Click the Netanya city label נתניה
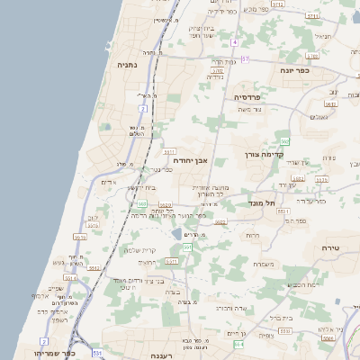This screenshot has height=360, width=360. click(125, 65)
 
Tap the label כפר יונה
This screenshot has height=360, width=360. click(294, 69)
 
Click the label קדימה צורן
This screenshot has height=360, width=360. click(264, 155)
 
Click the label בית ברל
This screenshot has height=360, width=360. click(282, 317)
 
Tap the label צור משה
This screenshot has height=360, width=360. click(263, 108)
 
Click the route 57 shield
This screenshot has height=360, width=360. click(245, 58)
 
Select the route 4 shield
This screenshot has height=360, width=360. click(234, 42)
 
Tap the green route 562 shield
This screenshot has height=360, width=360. click(284, 141)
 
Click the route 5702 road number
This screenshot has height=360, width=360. click(216, 70)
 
